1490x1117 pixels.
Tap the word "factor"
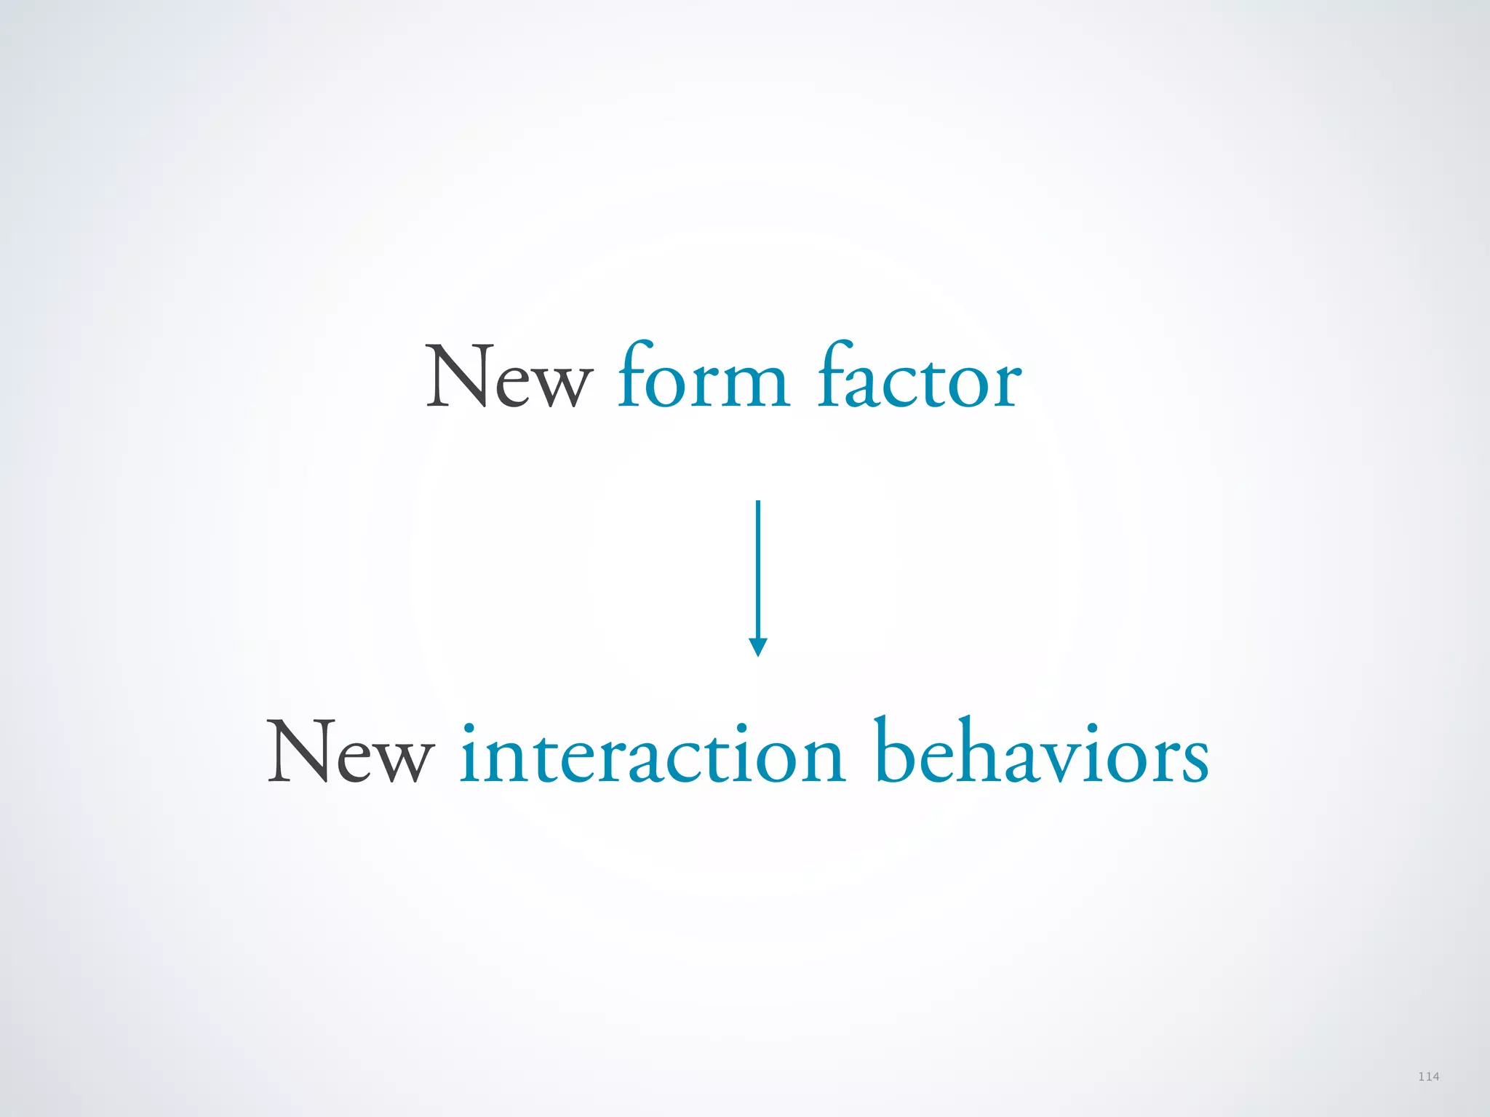(920, 378)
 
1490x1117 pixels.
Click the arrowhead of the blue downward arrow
(758, 646)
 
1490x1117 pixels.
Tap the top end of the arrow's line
(758, 503)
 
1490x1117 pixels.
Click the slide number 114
(1428, 1076)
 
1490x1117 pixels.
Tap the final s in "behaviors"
(1193, 759)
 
